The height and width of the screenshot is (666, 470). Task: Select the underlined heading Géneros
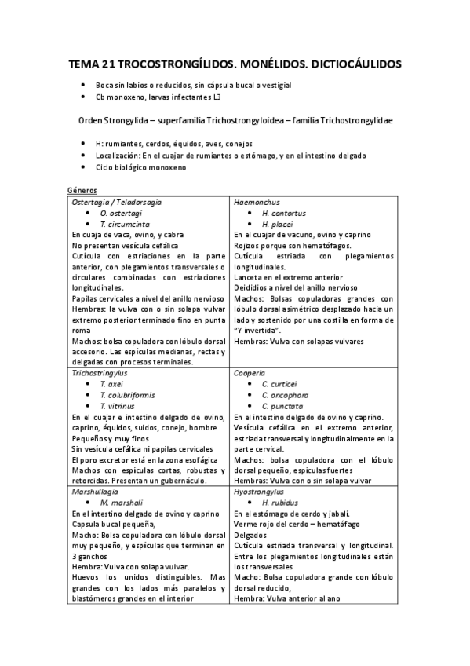click(x=82, y=190)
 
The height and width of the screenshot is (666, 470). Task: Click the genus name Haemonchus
click(x=257, y=202)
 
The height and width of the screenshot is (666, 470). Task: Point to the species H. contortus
click(x=284, y=213)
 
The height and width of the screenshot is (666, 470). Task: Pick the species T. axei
click(x=111, y=385)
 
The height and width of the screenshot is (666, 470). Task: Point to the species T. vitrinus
click(x=117, y=406)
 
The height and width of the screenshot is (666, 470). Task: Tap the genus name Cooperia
click(x=250, y=374)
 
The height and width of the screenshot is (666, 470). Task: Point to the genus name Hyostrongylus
click(x=259, y=491)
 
